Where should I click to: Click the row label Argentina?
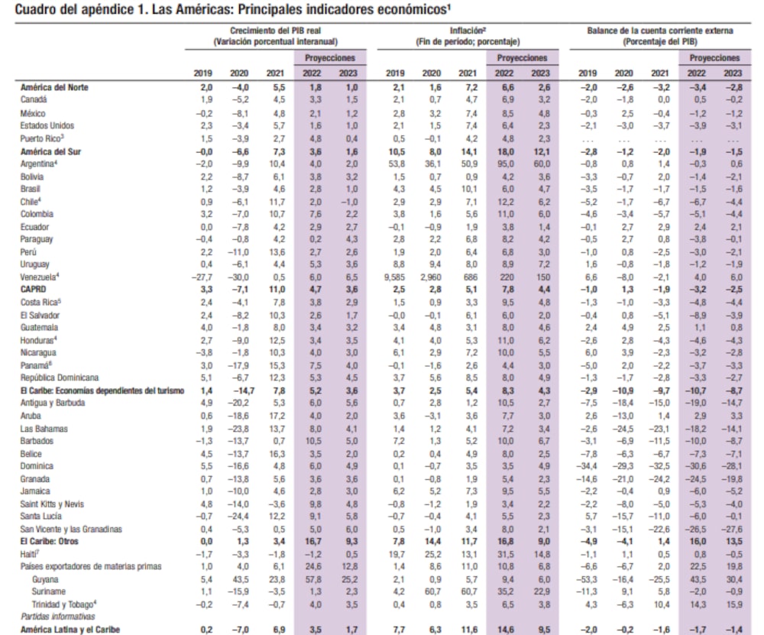39,163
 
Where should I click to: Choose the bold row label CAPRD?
34,289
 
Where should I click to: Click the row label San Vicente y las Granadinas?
70,529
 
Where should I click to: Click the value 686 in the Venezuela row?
468,277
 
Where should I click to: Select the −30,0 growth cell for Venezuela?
239,277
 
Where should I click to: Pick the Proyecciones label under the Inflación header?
522,58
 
